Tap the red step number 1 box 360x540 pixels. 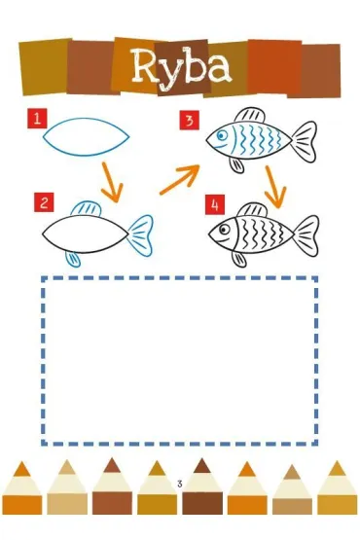tap(37, 119)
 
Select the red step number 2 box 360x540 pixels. tap(44, 202)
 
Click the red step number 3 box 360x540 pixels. tap(189, 121)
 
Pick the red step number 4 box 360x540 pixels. tap(215, 204)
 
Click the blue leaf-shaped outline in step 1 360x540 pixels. tap(87, 119)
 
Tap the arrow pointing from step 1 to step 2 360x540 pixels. tap(112, 182)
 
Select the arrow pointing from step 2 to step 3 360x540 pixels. tap(180, 179)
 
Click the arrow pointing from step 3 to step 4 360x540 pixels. tap(275, 187)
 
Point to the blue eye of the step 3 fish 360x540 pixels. tap(221, 135)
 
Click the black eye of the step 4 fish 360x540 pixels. tap(225, 229)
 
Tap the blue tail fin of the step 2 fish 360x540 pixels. tap(141, 235)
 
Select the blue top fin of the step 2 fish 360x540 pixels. tap(86, 208)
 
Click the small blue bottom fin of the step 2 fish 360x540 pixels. tap(73, 259)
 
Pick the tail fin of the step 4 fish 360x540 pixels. tap(306, 235)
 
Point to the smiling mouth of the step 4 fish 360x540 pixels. tap(224, 240)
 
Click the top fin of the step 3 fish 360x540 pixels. tap(250, 116)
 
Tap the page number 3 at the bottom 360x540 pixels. tap(179, 484)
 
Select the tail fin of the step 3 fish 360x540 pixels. tap(305, 141)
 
